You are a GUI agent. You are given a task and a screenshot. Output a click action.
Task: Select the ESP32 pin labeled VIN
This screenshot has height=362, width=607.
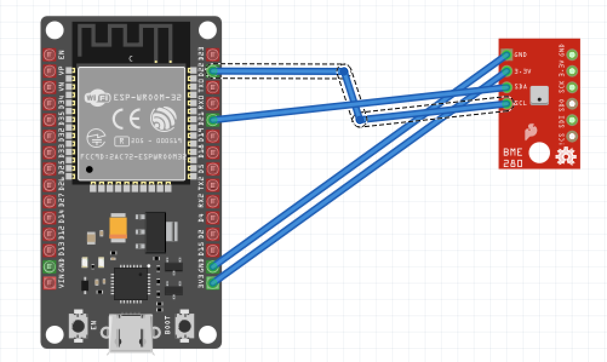[50, 282]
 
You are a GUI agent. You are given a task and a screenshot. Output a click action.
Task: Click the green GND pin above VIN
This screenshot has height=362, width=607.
[50, 266]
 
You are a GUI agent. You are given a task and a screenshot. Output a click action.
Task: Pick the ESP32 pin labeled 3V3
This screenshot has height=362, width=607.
[213, 282]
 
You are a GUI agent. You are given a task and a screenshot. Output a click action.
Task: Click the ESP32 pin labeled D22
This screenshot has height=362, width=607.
[213, 71]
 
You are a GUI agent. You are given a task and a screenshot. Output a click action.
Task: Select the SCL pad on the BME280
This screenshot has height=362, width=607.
[507, 104]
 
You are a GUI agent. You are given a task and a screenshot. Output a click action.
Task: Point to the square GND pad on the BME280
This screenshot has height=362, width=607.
[507, 55]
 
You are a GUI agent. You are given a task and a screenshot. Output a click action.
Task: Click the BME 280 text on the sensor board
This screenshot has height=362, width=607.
[512, 159]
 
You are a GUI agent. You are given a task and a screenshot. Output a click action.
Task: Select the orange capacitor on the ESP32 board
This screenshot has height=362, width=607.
[119, 227]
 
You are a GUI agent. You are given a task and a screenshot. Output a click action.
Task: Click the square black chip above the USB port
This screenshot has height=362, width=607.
[130, 282]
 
